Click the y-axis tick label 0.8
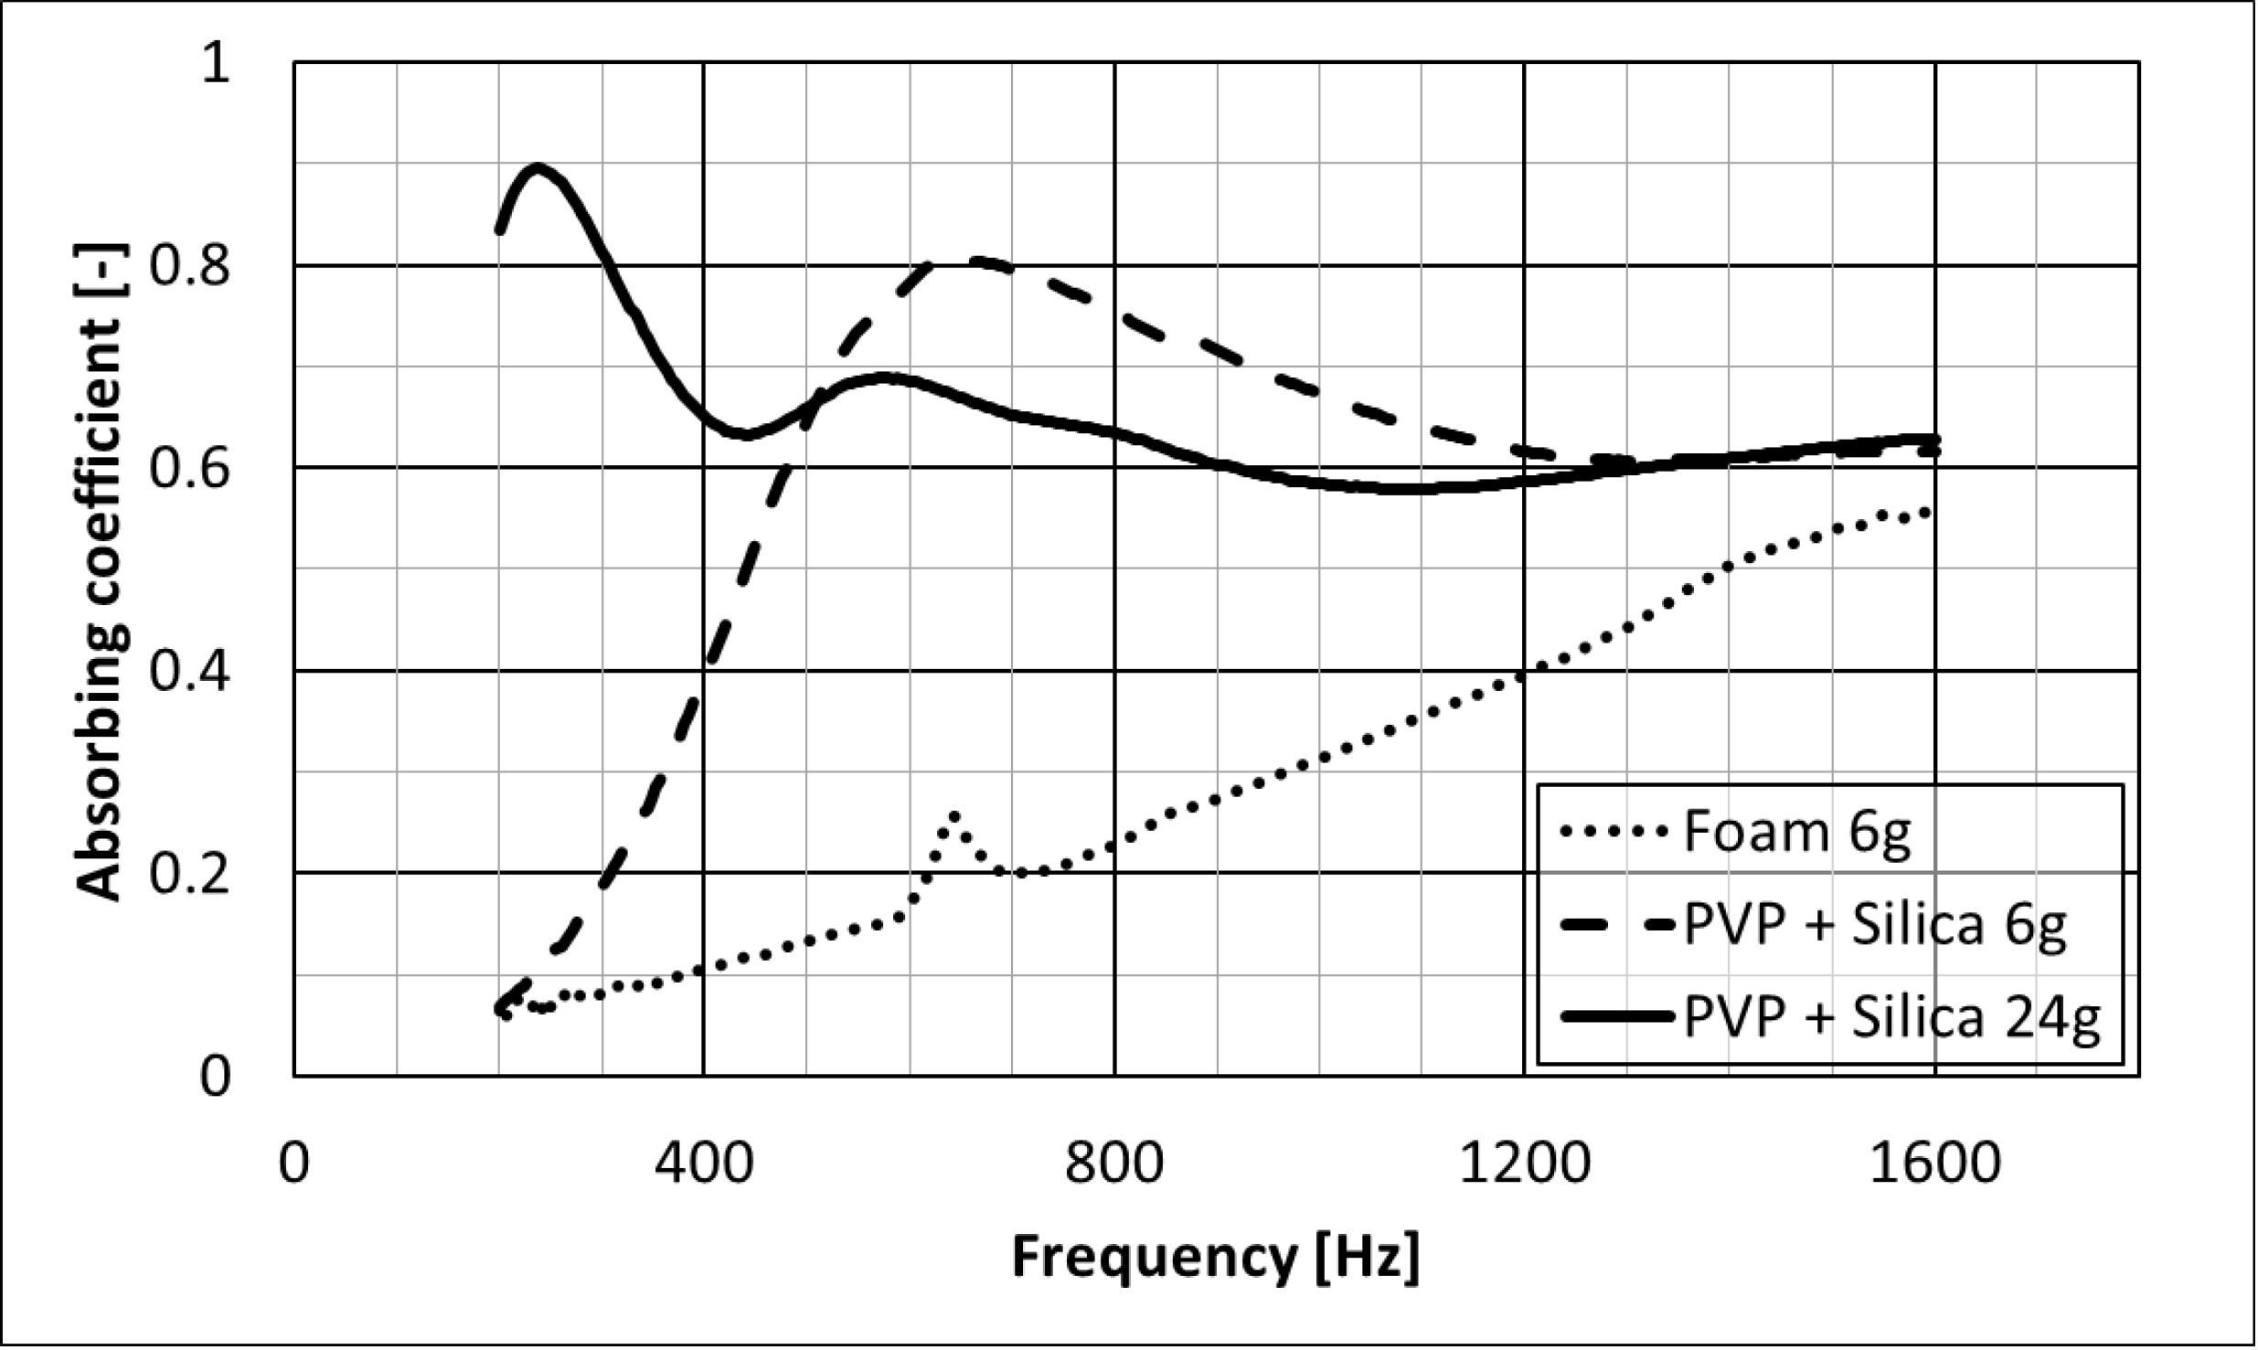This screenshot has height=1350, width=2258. coord(189,266)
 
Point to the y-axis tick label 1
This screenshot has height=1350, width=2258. coord(217,64)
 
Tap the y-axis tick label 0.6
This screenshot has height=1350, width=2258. coord(189,469)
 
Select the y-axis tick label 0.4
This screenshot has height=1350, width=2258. coord(189,672)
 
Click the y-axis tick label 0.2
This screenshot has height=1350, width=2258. coord(189,874)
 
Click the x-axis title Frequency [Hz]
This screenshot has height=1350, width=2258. coord(1215,1257)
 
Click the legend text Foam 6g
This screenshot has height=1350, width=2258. coord(1796,833)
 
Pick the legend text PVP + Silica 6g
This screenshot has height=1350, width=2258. coord(1874,925)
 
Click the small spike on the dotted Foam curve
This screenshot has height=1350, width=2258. coord(953,815)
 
